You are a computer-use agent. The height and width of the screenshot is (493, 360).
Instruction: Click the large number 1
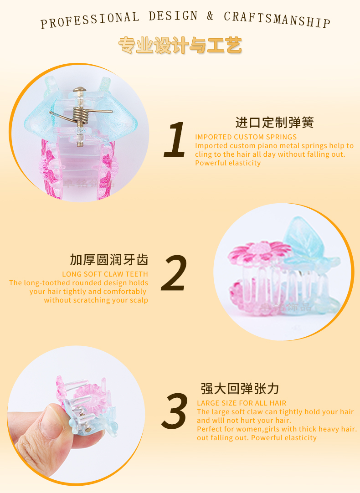[x=175, y=139]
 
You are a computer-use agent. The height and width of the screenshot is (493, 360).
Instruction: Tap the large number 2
[x=174, y=272]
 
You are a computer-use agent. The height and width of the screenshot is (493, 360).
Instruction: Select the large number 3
[x=175, y=411]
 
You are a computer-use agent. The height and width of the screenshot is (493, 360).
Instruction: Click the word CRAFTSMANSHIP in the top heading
[x=277, y=19]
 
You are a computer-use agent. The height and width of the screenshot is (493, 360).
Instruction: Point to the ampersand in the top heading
[x=210, y=15]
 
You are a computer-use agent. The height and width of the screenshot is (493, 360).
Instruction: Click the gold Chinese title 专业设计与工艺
[x=180, y=45]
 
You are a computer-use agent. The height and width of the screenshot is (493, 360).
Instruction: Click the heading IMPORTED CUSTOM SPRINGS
[x=246, y=137]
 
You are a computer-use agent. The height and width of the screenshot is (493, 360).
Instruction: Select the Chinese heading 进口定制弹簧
[x=274, y=123]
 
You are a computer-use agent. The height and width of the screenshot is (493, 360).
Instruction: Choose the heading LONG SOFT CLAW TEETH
[x=105, y=274]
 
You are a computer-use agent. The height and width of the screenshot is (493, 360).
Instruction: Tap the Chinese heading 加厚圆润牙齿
[x=109, y=260]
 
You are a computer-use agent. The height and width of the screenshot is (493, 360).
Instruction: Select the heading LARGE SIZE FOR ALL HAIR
[x=242, y=403]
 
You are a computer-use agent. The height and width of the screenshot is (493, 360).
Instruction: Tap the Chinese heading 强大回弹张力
[x=240, y=389]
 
